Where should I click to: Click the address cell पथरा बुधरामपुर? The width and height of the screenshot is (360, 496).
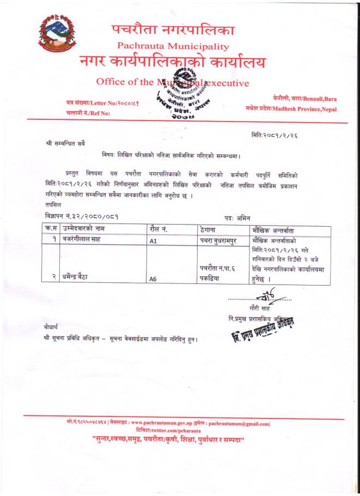[222, 239]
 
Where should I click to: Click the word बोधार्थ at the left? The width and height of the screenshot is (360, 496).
[54, 326]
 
